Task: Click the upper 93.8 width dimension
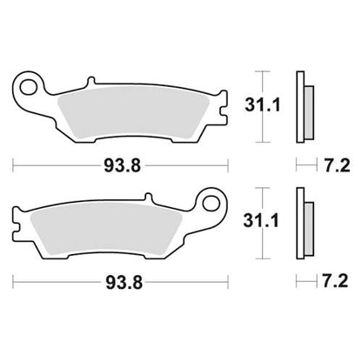pyautogui.click(x=120, y=163)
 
